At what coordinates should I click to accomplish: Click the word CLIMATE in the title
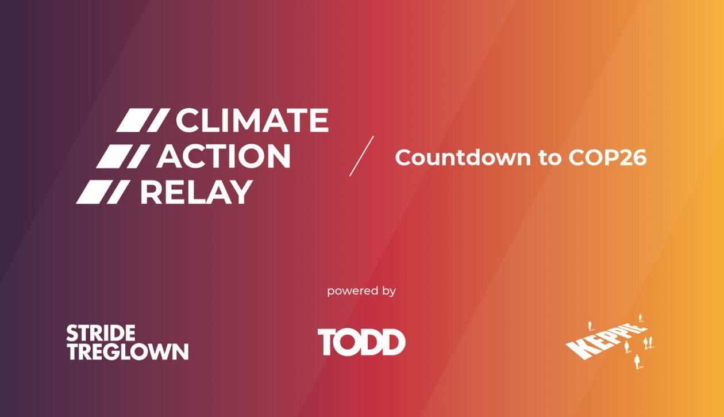pos(252,121)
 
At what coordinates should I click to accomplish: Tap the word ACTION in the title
pos(224,156)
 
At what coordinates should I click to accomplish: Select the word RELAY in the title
pos(196,192)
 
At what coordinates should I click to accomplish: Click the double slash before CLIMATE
pos(143,121)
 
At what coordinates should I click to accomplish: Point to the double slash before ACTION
pos(123,156)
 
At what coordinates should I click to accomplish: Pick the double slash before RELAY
pos(102,192)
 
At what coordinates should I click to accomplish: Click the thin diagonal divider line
pos(361,156)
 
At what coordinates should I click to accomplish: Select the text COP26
pos(607,158)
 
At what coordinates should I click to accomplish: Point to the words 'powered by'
pos(361,291)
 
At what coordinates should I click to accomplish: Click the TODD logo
pos(361,342)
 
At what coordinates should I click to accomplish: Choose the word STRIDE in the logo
pos(101,333)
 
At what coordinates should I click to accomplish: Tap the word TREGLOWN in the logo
pos(127,351)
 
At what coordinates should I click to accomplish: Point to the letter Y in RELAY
pos(241,192)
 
